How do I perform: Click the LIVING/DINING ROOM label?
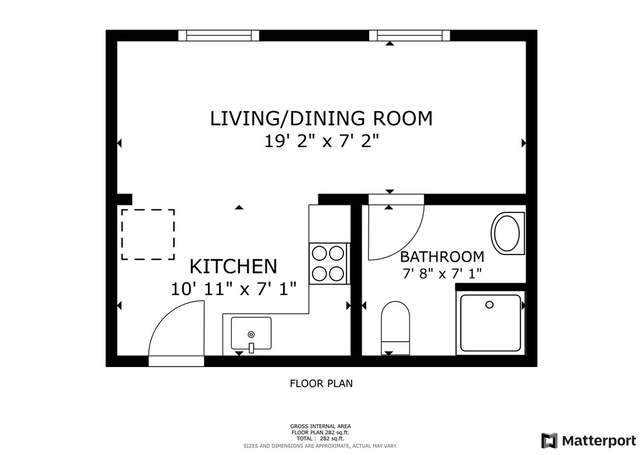(321, 118)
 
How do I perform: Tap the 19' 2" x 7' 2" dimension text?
(321, 142)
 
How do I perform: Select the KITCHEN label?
(234, 266)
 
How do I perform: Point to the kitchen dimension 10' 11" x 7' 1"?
(234, 289)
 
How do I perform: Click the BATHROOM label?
(442, 257)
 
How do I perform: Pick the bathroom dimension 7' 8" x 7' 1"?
(442, 273)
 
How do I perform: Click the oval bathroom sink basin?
(507, 233)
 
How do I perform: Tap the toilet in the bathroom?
(396, 328)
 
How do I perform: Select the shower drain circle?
(489, 305)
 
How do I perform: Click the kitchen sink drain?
(251, 335)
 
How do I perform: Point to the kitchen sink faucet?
(251, 348)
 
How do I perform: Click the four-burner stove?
(328, 263)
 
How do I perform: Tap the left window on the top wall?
(219, 36)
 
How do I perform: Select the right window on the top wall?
(409, 36)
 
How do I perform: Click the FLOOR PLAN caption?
(321, 383)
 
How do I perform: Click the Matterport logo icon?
(549, 441)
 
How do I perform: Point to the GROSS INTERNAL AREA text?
(320, 426)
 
